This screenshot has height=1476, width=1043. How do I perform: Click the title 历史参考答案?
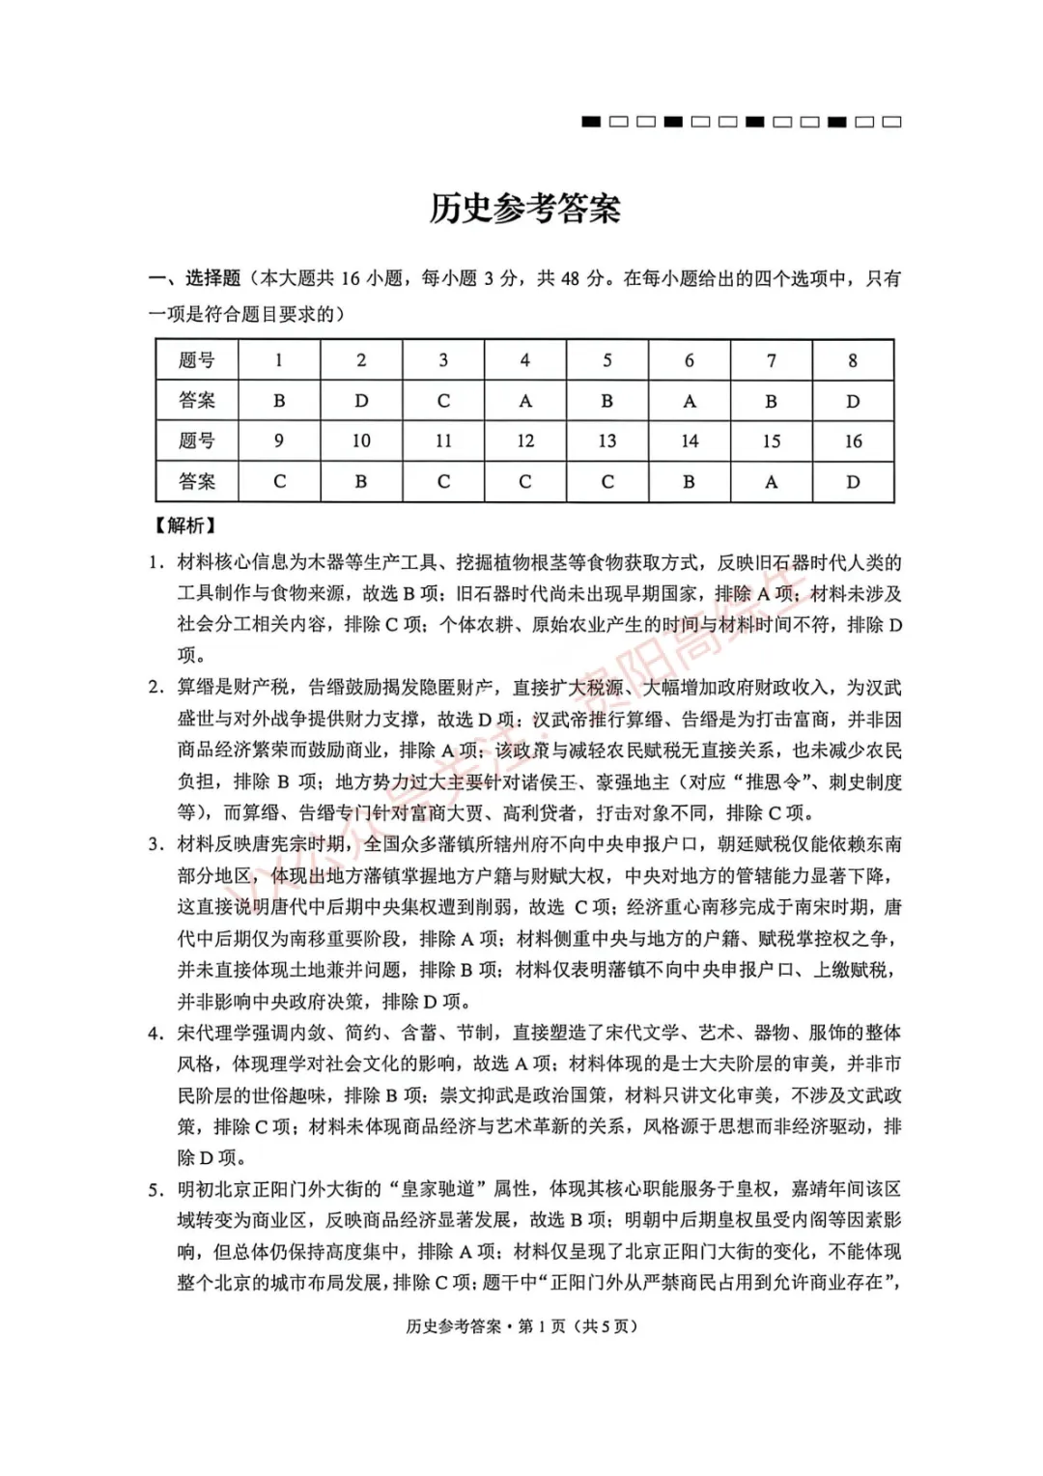pyautogui.click(x=524, y=209)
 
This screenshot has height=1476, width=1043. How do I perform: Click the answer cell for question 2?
pyautogui.click(x=361, y=401)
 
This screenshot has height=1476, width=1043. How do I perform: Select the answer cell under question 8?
pyautogui.click(x=853, y=401)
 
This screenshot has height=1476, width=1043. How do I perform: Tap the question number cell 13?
pyautogui.click(x=606, y=441)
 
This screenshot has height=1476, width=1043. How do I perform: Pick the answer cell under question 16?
pyautogui.click(x=853, y=482)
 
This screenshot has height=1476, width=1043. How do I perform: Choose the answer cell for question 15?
pyautogui.click(x=771, y=482)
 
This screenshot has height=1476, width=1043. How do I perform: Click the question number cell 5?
pyautogui.click(x=606, y=360)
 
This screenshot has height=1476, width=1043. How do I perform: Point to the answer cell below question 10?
pyautogui.click(x=361, y=482)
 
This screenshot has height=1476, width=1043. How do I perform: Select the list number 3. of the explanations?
pyautogui.click(x=155, y=845)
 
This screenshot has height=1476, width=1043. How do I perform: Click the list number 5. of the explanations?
pyautogui.click(x=155, y=1190)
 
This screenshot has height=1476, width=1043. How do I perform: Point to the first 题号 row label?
pyautogui.click(x=197, y=360)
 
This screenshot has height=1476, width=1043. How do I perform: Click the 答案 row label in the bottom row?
pyautogui.click(x=197, y=482)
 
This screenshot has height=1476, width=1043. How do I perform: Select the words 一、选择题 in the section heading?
pyautogui.click(x=194, y=279)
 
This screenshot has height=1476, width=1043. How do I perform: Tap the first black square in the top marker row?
pyautogui.click(x=591, y=122)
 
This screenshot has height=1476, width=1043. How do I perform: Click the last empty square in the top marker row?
pyautogui.click(x=892, y=122)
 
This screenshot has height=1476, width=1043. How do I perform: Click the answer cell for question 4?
pyautogui.click(x=524, y=401)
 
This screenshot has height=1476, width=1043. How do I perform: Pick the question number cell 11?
pyautogui.click(x=443, y=441)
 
